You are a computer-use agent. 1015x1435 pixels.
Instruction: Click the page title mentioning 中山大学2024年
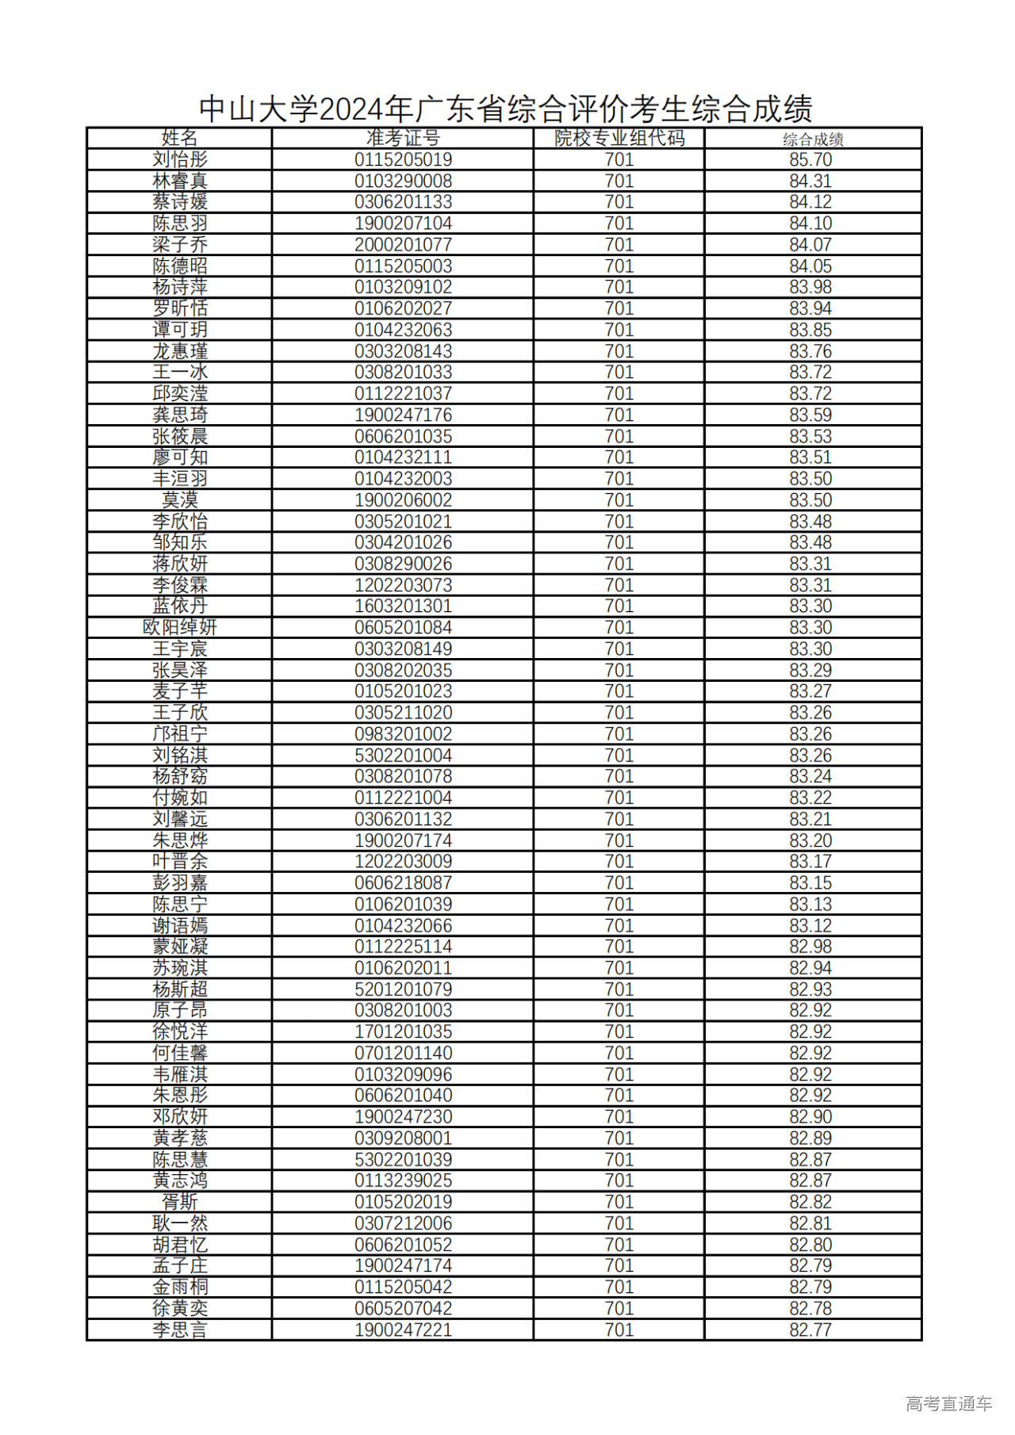click(x=505, y=109)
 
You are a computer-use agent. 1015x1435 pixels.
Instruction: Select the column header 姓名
click(x=179, y=138)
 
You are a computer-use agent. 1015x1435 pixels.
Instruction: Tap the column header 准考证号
click(x=403, y=138)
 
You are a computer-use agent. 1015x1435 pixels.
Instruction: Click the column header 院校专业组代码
click(x=619, y=138)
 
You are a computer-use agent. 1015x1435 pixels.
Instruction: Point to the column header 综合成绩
click(x=813, y=140)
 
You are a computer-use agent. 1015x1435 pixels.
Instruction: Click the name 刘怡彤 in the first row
click(x=179, y=159)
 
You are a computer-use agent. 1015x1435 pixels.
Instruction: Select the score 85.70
click(x=810, y=159)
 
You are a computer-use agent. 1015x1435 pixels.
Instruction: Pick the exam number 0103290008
click(x=403, y=181)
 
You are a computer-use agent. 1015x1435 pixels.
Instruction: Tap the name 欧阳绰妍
click(x=179, y=627)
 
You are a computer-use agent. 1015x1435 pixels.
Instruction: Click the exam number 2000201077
click(x=403, y=244)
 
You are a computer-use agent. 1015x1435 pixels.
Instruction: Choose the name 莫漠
click(x=179, y=499)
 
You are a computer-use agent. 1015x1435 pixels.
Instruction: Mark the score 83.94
click(x=810, y=308)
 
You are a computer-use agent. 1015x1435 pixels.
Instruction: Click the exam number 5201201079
click(x=403, y=989)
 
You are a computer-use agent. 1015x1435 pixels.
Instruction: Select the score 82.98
click(x=810, y=946)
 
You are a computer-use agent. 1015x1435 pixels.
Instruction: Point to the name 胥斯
click(x=179, y=1202)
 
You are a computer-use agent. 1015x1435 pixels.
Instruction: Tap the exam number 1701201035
click(x=403, y=1031)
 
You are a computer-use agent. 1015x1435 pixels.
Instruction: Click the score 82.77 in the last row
click(x=810, y=1330)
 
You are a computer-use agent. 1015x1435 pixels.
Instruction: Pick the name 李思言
click(x=179, y=1330)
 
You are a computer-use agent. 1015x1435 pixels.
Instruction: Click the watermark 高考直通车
click(x=948, y=1403)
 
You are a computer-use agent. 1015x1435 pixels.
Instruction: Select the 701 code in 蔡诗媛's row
click(x=619, y=202)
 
